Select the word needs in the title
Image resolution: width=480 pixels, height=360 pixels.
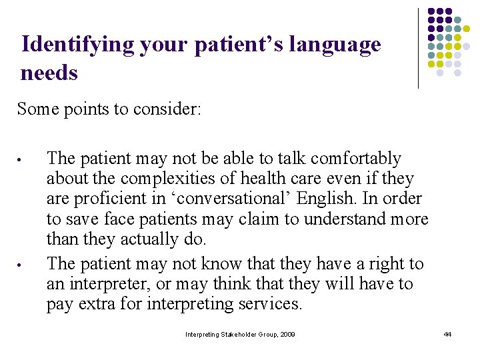(x=49, y=72)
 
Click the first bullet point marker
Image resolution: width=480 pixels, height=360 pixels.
(x=21, y=160)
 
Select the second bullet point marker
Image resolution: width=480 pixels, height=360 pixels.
(x=21, y=265)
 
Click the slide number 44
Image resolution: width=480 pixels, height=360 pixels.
(x=447, y=334)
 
